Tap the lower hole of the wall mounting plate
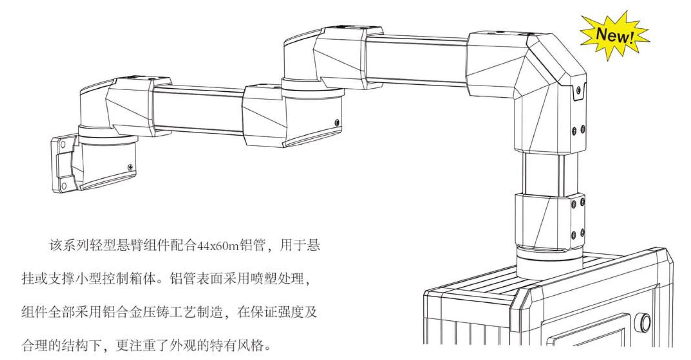(63, 186)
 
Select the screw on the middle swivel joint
(337, 123)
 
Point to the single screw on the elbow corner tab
(579, 90)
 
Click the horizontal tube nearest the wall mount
(198, 110)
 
